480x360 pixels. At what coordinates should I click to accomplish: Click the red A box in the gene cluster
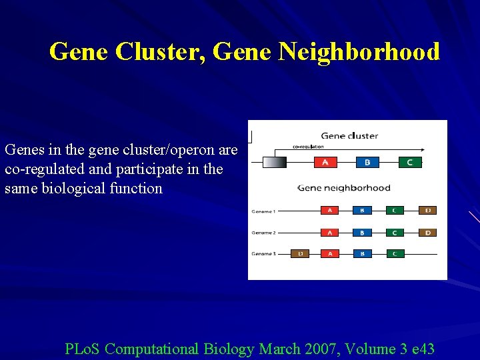(x=325, y=162)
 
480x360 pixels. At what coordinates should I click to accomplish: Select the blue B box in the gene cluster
(x=367, y=162)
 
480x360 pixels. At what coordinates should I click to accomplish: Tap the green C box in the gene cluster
(x=409, y=162)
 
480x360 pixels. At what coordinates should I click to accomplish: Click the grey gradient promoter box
(x=275, y=162)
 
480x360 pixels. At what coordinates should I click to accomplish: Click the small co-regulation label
(x=308, y=147)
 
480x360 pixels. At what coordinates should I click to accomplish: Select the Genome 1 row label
(x=263, y=211)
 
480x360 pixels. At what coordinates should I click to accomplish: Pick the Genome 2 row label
(x=263, y=233)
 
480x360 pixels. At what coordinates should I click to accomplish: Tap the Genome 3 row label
(x=263, y=254)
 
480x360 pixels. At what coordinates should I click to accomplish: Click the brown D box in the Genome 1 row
(x=428, y=211)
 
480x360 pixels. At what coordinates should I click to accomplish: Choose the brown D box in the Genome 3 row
(x=300, y=253)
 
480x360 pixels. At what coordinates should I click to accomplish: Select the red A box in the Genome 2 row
(x=329, y=233)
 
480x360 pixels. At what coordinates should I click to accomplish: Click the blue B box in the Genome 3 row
(x=362, y=253)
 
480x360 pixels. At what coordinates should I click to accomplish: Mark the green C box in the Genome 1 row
(x=395, y=211)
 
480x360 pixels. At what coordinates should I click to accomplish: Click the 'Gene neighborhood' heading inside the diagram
(x=344, y=188)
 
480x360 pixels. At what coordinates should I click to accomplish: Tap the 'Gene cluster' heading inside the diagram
(x=349, y=136)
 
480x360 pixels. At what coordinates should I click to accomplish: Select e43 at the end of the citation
(x=419, y=349)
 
